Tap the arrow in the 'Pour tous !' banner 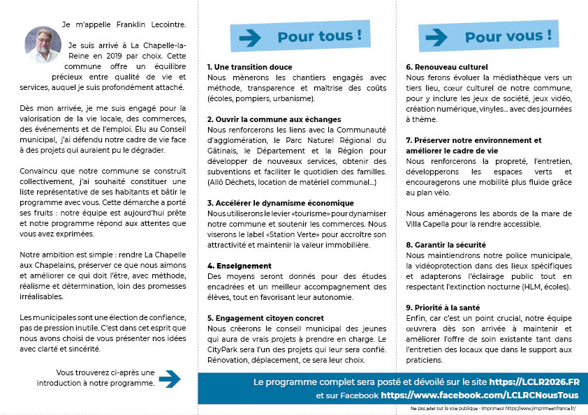pyautogui.click(x=250, y=38)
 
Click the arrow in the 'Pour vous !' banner pyautogui.click(x=436, y=37)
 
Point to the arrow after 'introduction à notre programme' pyautogui.click(x=170, y=379)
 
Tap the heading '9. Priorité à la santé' pyautogui.click(x=443, y=308)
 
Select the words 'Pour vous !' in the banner pyautogui.click(x=508, y=36)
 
